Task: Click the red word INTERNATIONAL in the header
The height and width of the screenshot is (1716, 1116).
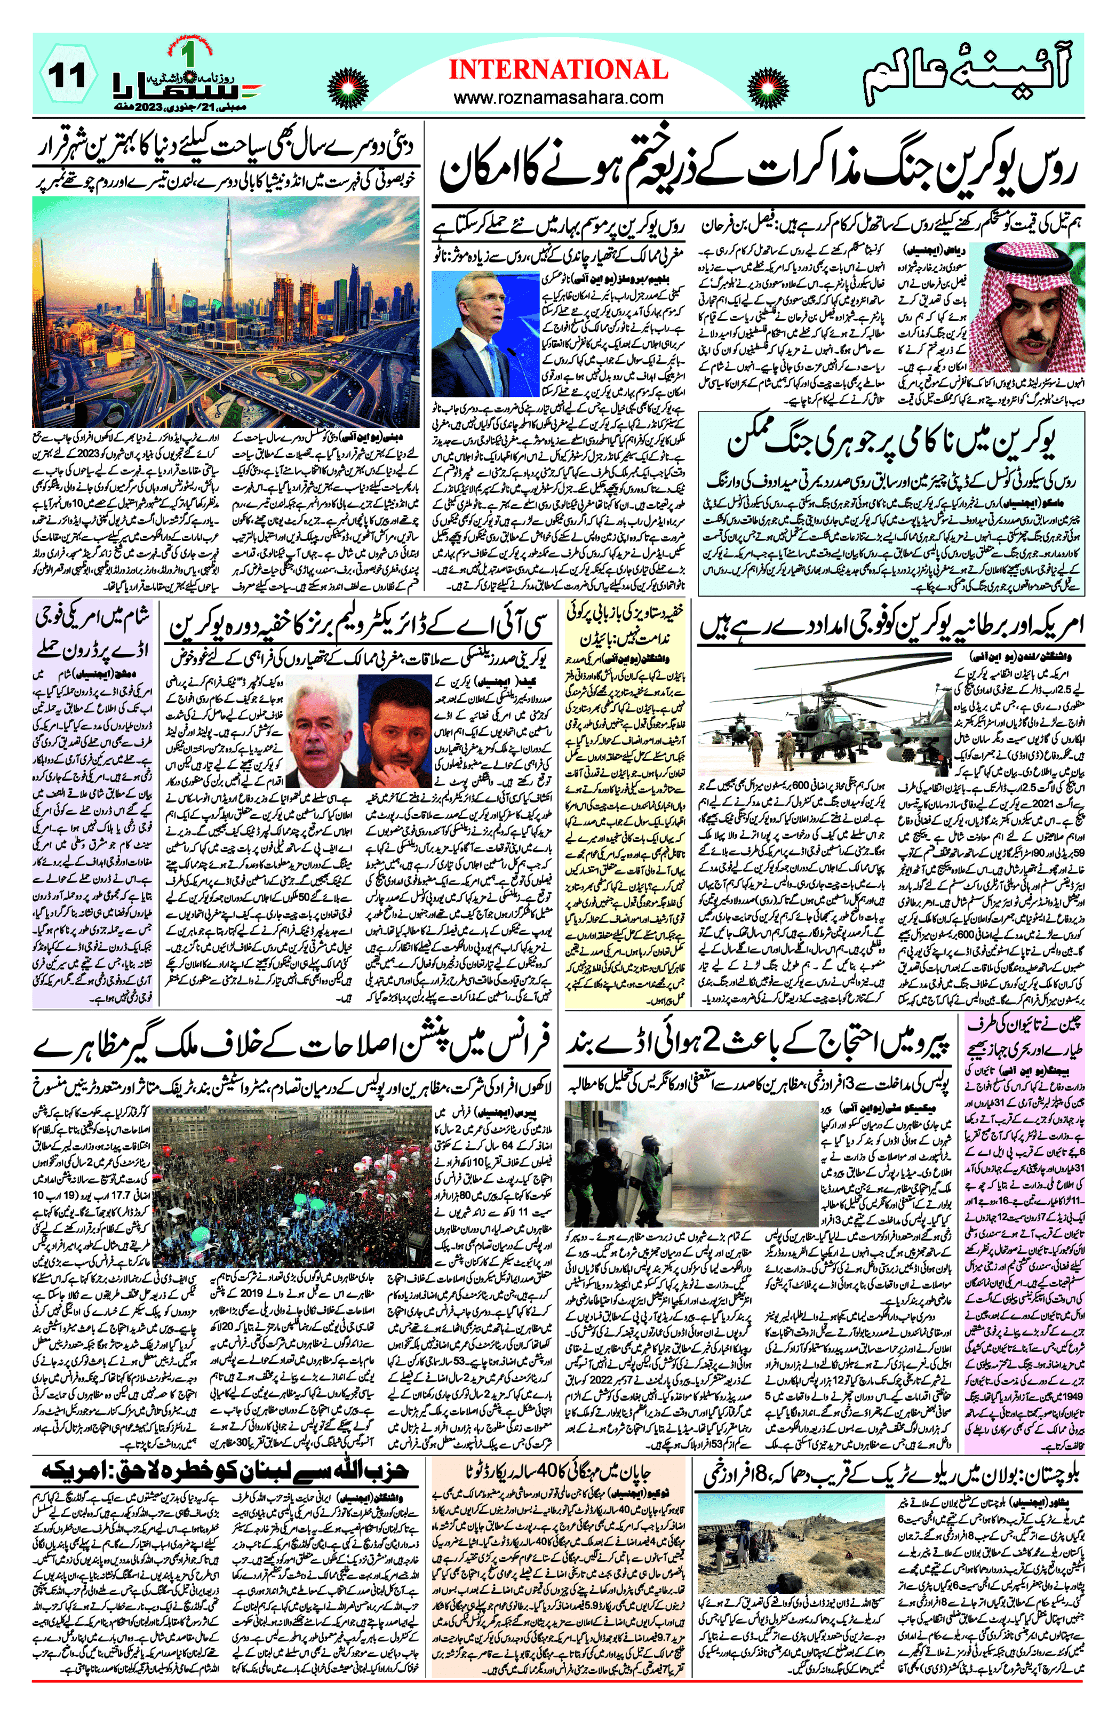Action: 558,70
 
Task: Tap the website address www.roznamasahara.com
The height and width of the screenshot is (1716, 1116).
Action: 558,97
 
